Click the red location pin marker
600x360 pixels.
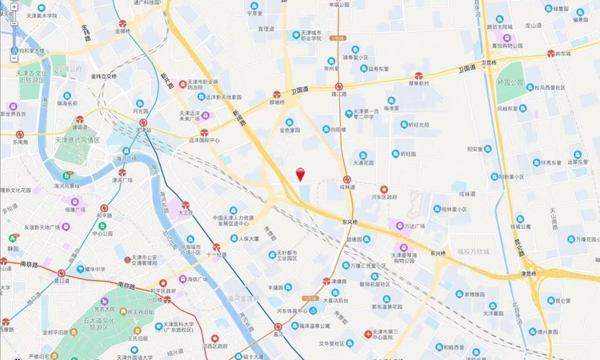click(x=300, y=174)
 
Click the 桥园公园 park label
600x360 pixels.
click(x=510, y=82)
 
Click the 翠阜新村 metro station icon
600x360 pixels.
click(x=418, y=76)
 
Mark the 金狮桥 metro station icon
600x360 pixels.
click(x=122, y=24)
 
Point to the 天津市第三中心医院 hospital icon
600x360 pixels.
click(x=368, y=332)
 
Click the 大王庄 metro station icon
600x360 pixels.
click(x=186, y=206)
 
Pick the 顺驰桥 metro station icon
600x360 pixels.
click(x=277, y=94)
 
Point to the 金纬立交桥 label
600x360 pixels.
click(x=103, y=76)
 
